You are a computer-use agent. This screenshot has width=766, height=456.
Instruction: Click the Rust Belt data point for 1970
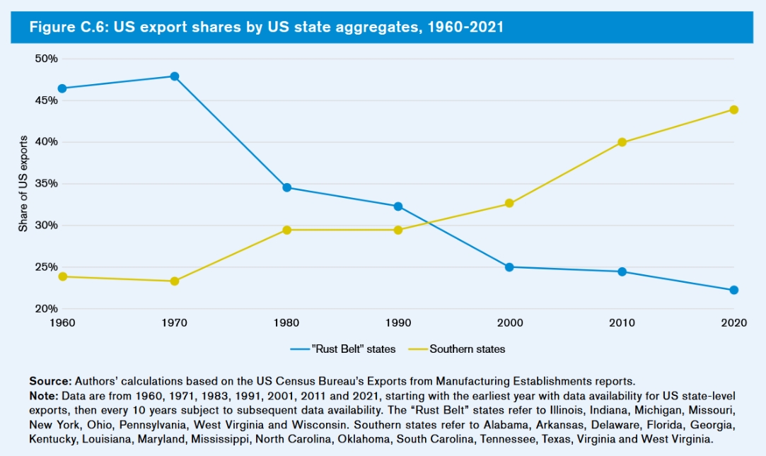pyautogui.click(x=174, y=76)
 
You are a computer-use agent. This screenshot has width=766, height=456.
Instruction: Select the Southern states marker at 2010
pyautogui.click(x=622, y=142)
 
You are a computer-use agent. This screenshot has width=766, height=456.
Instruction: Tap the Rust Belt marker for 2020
pyautogui.click(x=733, y=290)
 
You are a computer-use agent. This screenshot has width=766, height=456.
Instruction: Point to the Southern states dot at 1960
pyautogui.click(x=62, y=276)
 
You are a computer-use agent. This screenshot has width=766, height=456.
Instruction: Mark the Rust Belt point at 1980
pyautogui.click(x=286, y=187)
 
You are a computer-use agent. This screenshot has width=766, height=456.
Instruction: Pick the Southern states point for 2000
pyautogui.click(x=509, y=204)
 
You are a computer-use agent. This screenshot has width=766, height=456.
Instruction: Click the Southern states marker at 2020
pyautogui.click(x=733, y=110)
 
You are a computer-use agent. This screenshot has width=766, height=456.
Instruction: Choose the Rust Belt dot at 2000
pyautogui.click(x=509, y=267)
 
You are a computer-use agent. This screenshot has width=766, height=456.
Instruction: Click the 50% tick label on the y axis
pyautogui.click(x=46, y=59)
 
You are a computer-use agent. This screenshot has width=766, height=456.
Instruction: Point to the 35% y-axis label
pyautogui.click(x=46, y=184)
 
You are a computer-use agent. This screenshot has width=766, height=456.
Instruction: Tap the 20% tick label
pyautogui.click(x=46, y=309)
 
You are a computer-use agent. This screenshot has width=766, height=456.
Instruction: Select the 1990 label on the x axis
pyautogui.click(x=398, y=323)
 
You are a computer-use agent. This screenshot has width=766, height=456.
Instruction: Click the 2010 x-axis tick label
pyautogui.click(x=622, y=323)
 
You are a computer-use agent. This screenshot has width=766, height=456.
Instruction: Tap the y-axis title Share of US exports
pyautogui.click(x=23, y=184)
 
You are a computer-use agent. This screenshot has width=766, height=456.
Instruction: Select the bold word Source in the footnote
pyautogui.click(x=50, y=380)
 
